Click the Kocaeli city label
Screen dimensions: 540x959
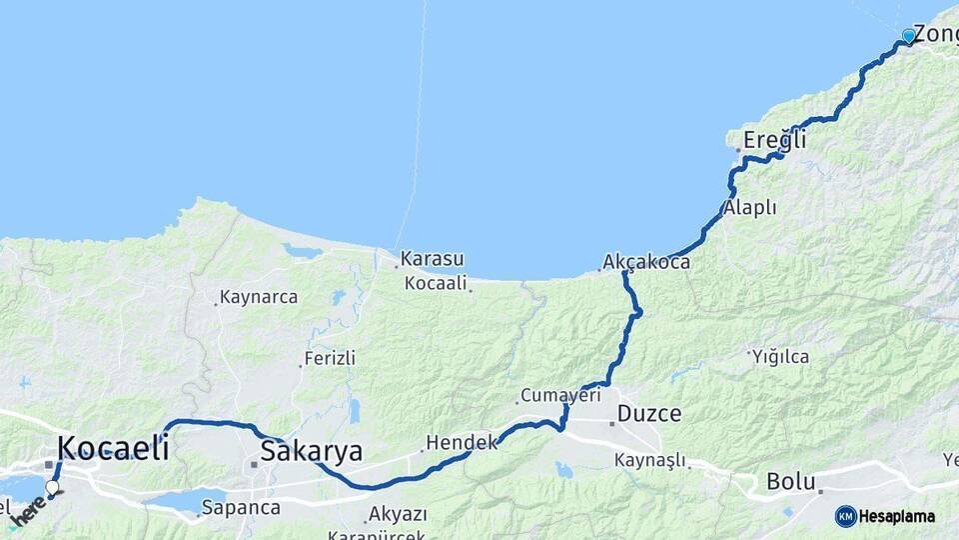[x=113, y=447]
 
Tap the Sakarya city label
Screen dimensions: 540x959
[x=311, y=451]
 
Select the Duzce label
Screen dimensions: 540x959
[x=649, y=413]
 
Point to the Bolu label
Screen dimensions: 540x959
[x=791, y=481]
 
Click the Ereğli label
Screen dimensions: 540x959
[x=774, y=141]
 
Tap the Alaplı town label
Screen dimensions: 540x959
[x=749, y=208]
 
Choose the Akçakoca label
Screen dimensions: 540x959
[x=646, y=263]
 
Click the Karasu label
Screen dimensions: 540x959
[x=432, y=259]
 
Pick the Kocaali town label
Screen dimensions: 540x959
[x=436, y=283]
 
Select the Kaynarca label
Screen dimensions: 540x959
[x=258, y=297]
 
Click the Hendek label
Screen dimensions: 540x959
[x=462, y=441]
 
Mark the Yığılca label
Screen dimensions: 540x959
[x=781, y=356]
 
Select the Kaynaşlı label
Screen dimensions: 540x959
[x=650, y=460]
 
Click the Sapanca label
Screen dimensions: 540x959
[x=241, y=507]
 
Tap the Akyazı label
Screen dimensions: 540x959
[x=398, y=514]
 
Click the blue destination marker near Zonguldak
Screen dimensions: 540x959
[x=908, y=36]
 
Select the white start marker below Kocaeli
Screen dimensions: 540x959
[x=52, y=487]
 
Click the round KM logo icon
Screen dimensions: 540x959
[x=846, y=516]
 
